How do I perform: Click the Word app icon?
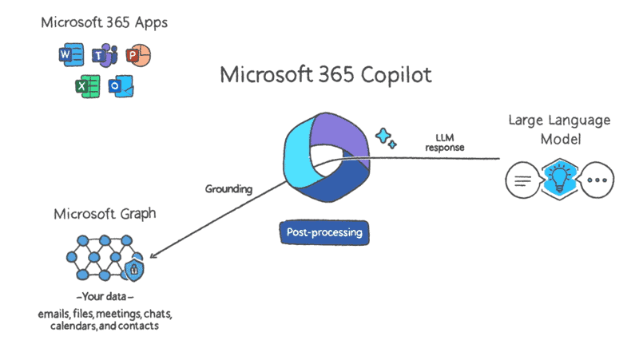point(71,54)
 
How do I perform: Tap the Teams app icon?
point(105,55)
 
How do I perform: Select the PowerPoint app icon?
point(138,55)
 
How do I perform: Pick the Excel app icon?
point(88,86)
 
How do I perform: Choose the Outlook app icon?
point(121,86)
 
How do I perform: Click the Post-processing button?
point(324,232)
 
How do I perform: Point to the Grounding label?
point(228,189)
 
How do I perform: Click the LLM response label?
point(445,143)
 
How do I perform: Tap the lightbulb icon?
point(560,179)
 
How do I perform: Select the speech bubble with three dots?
point(597,180)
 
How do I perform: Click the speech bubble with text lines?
point(524,180)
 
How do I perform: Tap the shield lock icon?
point(134,269)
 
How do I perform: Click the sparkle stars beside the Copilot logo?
point(386,138)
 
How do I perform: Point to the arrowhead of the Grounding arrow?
point(152,255)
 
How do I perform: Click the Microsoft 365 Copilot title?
point(326,75)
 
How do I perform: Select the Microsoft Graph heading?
point(105,214)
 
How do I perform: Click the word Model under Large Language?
point(561,139)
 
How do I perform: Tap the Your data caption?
point(105,296)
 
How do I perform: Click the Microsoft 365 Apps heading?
point(105,23)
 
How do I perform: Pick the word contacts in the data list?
point(138,326)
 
